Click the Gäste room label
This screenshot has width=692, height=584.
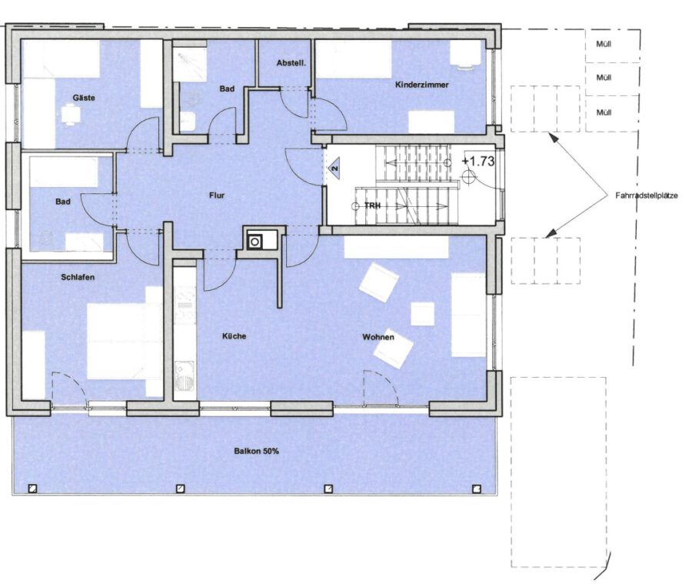tap(84, 98)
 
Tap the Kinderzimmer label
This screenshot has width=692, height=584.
tap(421, 85)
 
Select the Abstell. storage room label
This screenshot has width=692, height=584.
tap(291, 63)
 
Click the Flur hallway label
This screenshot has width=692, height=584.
tap(217, 195)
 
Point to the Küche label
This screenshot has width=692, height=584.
tap(234, 336)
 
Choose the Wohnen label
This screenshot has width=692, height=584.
tap(378, 337)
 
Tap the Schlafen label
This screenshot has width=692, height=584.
tap(78, 278)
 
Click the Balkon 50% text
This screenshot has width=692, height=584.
tap(256, 452)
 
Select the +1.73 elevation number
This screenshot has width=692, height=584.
tap(478, 162)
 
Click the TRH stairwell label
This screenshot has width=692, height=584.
tap(372, 205)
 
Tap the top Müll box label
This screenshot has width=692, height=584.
tap(604, 44)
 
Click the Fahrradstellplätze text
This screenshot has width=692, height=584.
tap(647, 195)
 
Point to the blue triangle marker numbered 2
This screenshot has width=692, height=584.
tap(334, 169)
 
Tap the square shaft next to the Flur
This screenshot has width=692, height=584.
tap(255, 242)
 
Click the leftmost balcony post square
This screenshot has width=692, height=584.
tap(32, 489)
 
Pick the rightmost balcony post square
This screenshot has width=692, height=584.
tap(476, 489)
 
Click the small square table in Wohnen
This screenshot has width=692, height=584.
tap(422, 314)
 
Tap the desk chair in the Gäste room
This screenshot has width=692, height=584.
tap(70, 115)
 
